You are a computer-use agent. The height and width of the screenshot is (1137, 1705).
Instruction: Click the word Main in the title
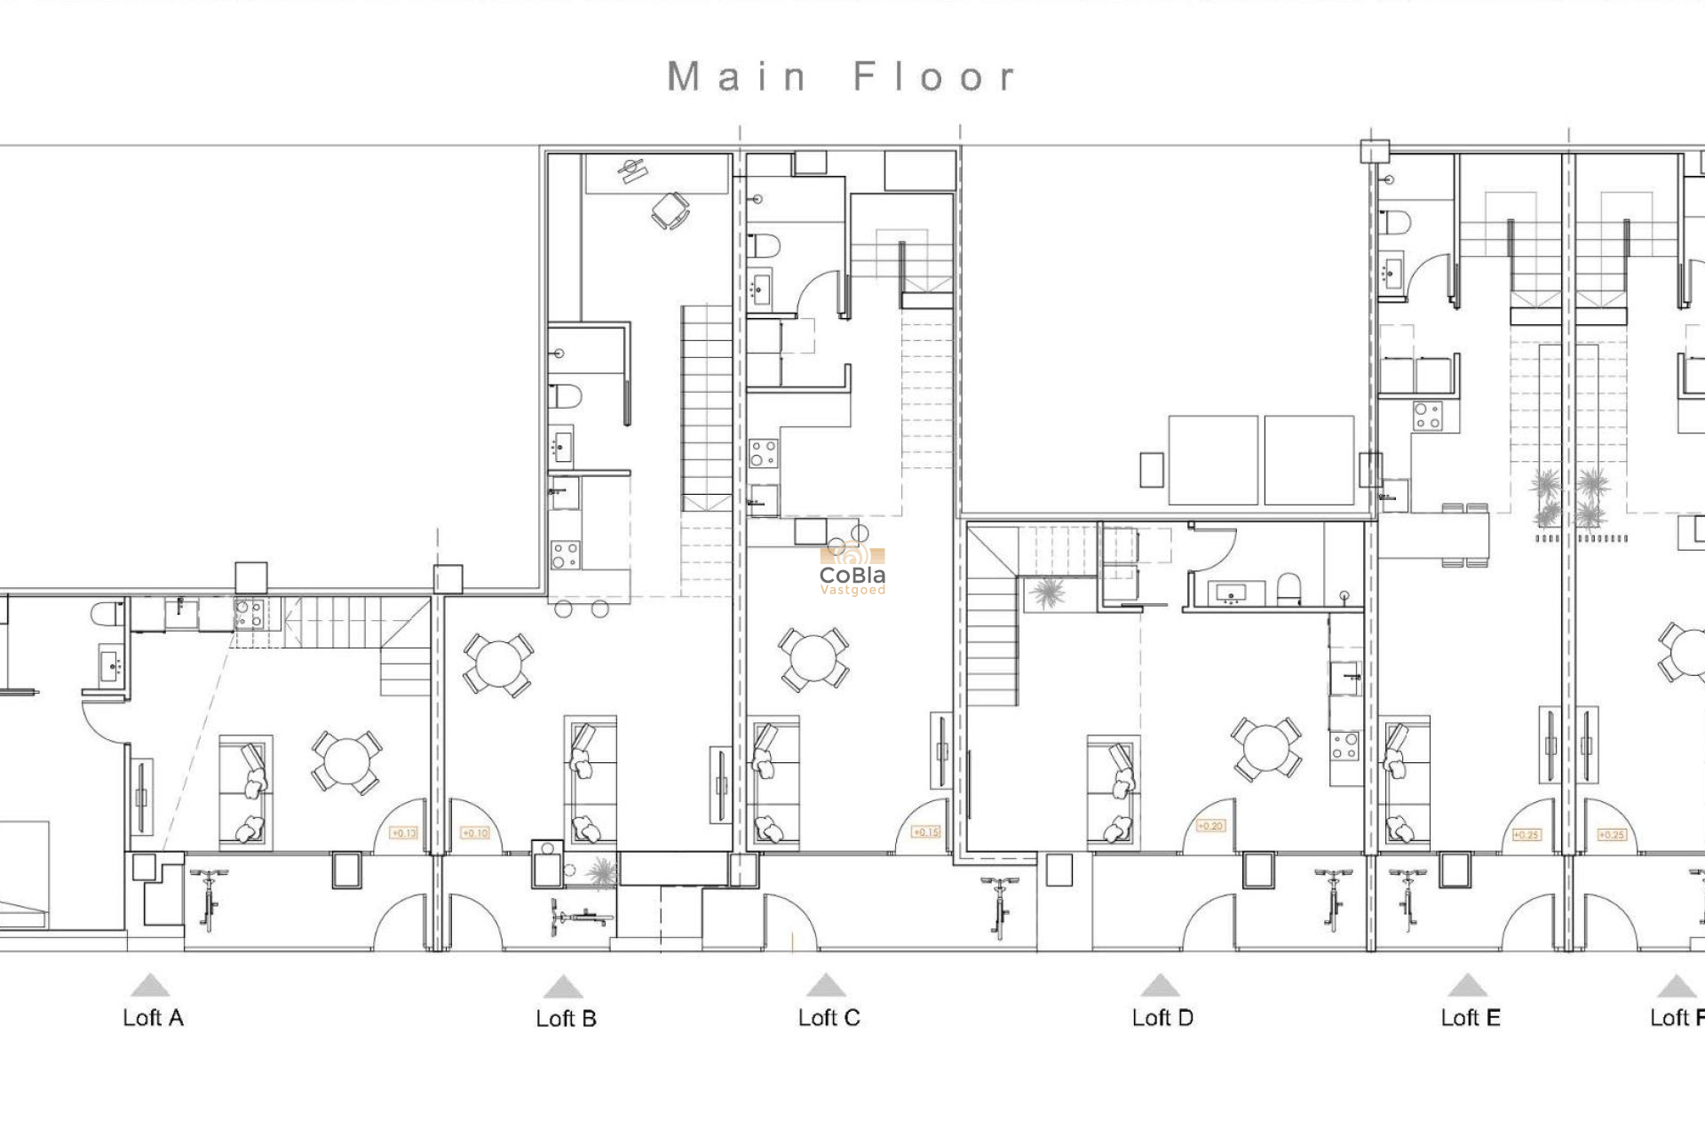[736, 77]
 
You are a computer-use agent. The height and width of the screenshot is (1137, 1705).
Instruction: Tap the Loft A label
[153, 1018]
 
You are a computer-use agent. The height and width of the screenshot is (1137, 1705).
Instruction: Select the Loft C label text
[829, 1018]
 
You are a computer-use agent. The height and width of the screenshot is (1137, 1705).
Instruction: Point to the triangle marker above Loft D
[1160, 986]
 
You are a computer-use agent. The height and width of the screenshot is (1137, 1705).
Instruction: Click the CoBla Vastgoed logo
[852, 570]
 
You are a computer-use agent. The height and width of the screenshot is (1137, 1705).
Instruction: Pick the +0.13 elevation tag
[404, 833]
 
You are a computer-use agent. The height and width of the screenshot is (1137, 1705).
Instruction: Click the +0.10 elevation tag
[475, 833]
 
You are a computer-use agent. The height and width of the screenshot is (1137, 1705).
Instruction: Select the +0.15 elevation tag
[925, 832]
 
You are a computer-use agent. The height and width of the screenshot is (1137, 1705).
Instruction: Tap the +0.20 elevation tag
[1210, 826]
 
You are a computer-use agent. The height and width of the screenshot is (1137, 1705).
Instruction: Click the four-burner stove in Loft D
[1344, 746]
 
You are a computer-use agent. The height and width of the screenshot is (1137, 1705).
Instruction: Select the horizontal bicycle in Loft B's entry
[582, 915]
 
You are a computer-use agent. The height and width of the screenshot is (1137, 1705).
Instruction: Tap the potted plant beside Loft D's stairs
[1048, 592]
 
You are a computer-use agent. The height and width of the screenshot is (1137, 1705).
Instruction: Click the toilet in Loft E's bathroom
[1395, 221]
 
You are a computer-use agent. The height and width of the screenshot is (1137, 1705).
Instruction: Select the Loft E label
[1471, 1018]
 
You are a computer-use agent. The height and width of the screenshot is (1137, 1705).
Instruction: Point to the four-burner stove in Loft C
[763, 453]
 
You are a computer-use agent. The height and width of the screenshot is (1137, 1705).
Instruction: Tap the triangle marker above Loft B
[562, 987]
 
